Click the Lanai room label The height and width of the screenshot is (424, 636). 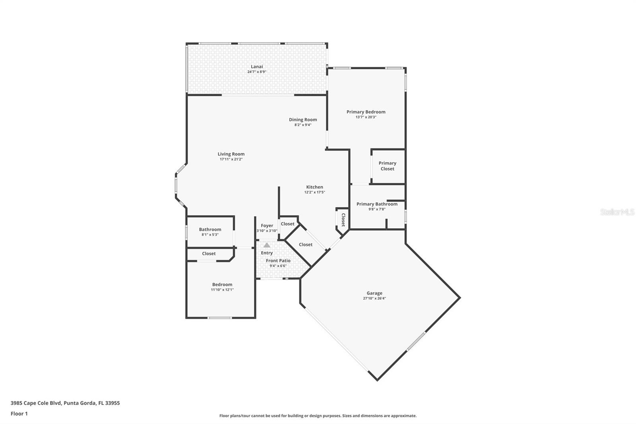[x=256, y=66]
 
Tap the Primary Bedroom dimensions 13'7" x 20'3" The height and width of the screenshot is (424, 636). [x=366, y=117]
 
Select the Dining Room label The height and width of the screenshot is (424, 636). [x=303, y=120]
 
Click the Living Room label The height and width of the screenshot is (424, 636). [x=231, y=154]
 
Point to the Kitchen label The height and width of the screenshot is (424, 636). [x=314, y=187]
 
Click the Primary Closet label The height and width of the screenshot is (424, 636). [x=387, y=166]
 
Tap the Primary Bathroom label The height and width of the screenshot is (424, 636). [x=377, y=204]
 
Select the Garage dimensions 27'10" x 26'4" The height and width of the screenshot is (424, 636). [x=374, y=298]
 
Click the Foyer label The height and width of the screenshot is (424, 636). [x=267, y=226]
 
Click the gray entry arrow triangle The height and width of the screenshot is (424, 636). [x=267, y=245]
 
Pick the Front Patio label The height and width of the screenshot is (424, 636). [x=278, y=261]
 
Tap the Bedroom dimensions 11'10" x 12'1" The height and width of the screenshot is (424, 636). [x=222, y=290]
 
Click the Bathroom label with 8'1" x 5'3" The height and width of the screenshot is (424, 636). [x=210, y=230]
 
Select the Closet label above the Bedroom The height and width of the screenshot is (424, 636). [x=209, y=253]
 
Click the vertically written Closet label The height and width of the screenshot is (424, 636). [x=343, y=220]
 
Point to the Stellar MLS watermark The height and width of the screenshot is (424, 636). [x=617, y=212]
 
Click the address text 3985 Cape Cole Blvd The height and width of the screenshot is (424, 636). [x=65, y=403]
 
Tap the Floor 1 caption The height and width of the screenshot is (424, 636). [x=19, y=414]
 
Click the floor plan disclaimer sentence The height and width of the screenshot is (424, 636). [x=318, y=416]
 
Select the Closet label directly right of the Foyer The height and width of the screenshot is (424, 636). [x=287, y=224]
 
